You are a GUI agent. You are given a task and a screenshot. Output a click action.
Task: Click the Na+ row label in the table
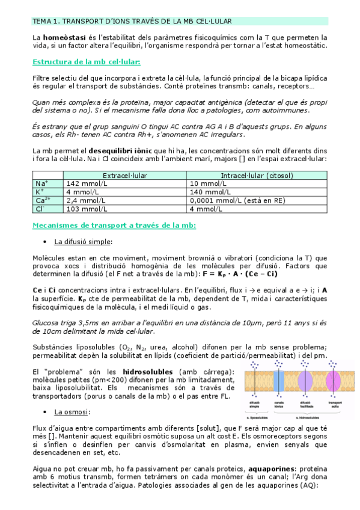(41, 183)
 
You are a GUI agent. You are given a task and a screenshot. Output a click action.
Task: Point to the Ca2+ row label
(43, 200)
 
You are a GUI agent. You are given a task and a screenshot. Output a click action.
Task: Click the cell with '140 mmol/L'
(208, 192)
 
